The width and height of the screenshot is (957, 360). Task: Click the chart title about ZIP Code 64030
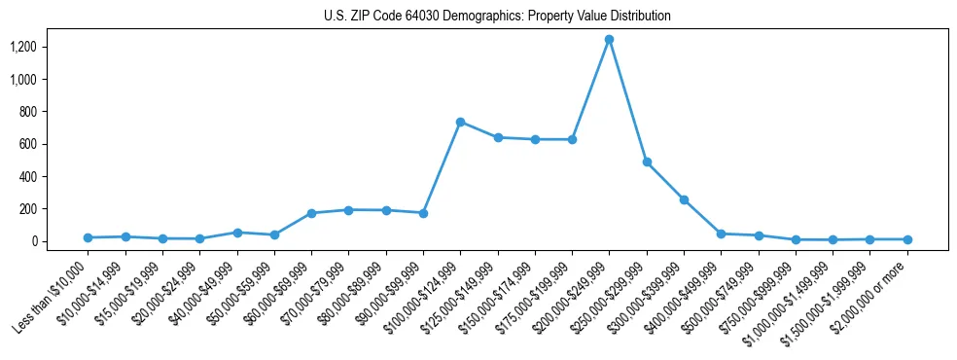tap(497, 16)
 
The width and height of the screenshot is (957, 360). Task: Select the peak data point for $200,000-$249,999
tap(609, 40)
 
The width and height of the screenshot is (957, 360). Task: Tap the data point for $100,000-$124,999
tap(460, 122)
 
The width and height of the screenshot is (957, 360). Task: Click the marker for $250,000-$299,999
tap(647, 162)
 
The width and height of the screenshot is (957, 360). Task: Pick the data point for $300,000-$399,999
tap(684, 200)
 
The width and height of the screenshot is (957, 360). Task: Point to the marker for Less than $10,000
tap(88, 237)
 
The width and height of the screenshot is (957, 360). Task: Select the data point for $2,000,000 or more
tap(907, 239)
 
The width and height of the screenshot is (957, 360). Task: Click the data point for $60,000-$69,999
tap(311, 213)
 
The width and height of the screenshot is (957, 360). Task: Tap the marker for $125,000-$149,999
tap(498, 138)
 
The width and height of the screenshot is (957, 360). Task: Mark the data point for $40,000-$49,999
tap(237, 233)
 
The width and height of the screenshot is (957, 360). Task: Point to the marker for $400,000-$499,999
tap(721, 234)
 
